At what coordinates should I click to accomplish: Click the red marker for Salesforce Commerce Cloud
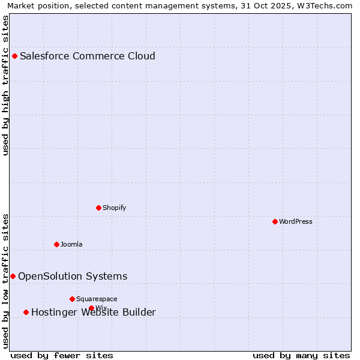pyautogui.click(x=15, y=56)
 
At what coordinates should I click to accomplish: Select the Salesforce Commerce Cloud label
pyautogui.click(x=88, y=56)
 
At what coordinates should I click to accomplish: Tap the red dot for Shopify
pyautogui.click(x=99, y=208)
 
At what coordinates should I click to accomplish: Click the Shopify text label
pyautogui.click(x=114, y=208)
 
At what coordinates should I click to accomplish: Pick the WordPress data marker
pyautogui.click(x=275, y=221)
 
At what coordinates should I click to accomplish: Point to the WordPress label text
pyautogui.click(x=296, y=221)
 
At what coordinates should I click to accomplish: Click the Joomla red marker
pyautogui.click(x=57, y=244)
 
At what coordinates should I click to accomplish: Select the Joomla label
pyautogui.click(x=71, y=244)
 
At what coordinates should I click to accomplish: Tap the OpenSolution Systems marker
pyautogui.click(x=13, y=276)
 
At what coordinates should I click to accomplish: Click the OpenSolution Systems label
pyautogui.click(x=73, y=276)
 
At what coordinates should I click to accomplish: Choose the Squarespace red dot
pyautogui.click(x=73, y=299)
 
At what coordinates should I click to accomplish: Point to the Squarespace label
pyautogui.click(x=97, y=299)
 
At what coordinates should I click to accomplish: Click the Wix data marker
pyautogui.click(x=92, y=308)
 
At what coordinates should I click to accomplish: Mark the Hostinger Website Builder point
pyautogui.click(x=26, y=312)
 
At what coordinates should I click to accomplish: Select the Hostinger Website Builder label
pyautogui.click(x=94, y=312)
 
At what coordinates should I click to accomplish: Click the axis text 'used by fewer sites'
pyautogui.click(x=62, y=355)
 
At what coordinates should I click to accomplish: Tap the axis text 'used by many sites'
pyautogui.click(x=301, y=355)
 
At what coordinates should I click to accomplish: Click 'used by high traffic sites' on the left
pyautogui.click(x=6, y=85)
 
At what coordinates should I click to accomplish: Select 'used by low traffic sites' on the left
pyautogui.click(x=6, y=281)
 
